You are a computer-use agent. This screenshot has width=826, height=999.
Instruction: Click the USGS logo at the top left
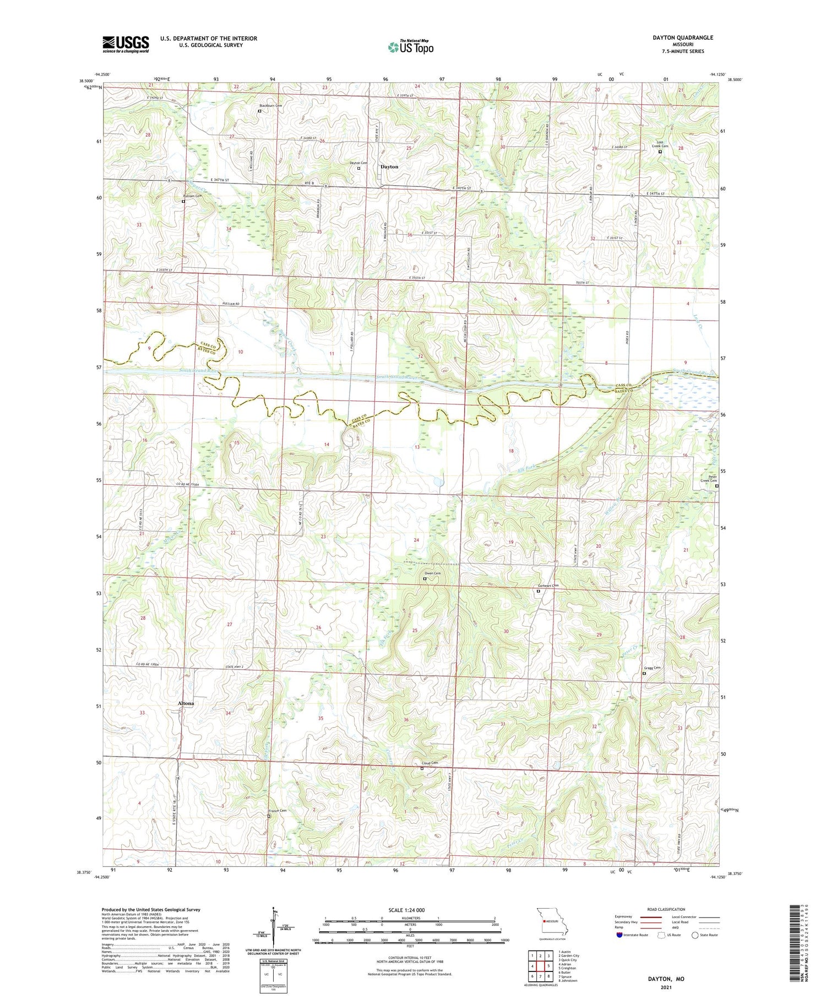pos(126,44)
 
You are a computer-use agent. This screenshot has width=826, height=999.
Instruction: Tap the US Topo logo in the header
pos(411,47)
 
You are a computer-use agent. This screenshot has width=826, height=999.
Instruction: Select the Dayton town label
pos(389,166)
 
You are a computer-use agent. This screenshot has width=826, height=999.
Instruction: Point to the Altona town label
pos(186,704)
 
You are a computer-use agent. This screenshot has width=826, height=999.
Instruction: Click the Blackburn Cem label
pos(271,105)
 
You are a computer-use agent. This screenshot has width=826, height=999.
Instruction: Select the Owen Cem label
pos(433,574)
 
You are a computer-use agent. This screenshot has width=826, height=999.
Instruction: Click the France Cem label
pos(278,811)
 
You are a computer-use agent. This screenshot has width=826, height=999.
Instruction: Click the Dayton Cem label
pos(358,163)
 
